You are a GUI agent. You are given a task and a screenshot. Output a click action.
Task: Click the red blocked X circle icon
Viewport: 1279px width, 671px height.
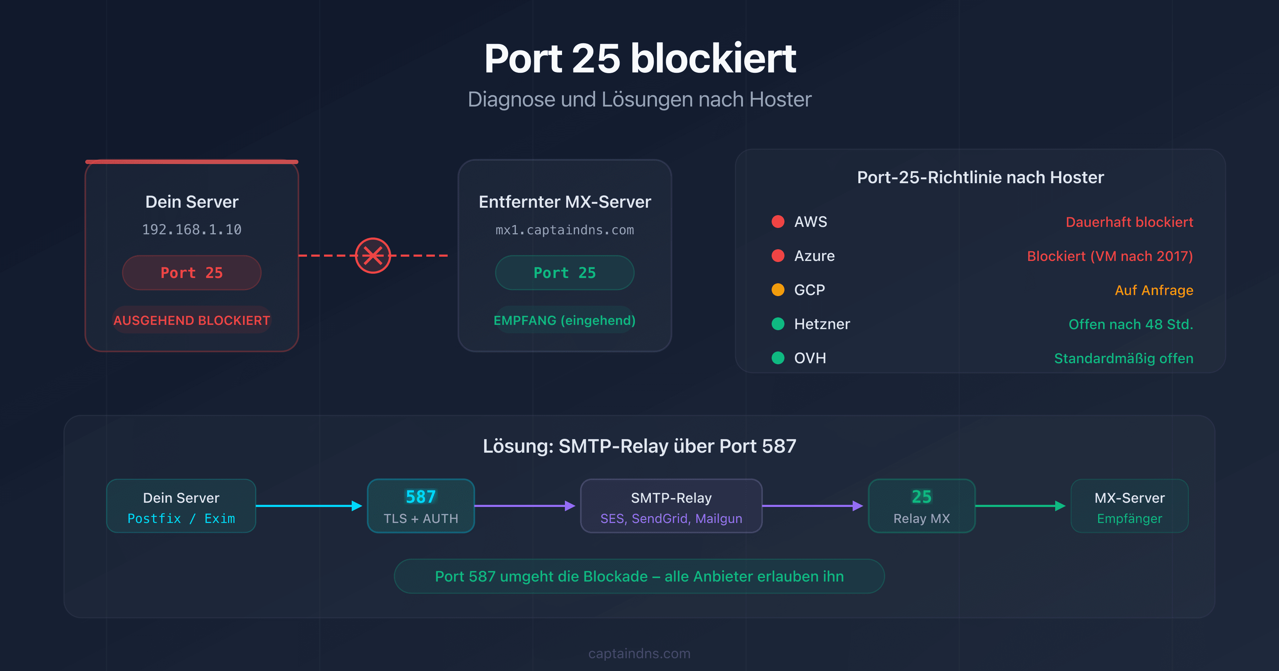click(x=373, y=256)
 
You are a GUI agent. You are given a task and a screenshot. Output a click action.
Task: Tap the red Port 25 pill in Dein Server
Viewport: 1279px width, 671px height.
click(x=191, y=272)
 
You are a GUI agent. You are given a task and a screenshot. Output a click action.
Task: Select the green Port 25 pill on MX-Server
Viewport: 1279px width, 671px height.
click(x=565, y=272)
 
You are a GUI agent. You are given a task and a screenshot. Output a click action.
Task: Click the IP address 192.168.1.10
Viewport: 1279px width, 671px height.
click(x=191, y=229)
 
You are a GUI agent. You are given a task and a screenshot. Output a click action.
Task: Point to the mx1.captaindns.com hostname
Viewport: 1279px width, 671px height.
click(x=565, y=230)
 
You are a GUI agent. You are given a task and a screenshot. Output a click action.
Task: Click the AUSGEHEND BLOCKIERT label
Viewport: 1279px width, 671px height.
click(x=191, y=320)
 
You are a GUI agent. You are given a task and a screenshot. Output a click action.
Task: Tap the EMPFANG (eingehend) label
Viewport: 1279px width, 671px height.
click(x=565, y=320)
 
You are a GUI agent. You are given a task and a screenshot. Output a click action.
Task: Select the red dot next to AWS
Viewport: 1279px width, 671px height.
click(x=778, y=221)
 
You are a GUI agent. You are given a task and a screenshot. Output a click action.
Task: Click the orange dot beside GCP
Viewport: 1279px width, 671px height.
click(x=778, y=290)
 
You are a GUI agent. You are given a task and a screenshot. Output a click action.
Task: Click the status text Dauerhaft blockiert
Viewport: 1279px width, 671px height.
click(x=1129, y=222)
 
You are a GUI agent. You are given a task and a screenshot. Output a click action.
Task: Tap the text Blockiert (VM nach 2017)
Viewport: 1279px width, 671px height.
click(x=1110, y=256)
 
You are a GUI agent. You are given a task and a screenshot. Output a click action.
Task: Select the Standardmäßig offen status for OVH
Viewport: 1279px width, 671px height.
click(x=1124, y=358)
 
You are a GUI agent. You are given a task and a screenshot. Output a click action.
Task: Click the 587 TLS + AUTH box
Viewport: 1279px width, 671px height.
click(x=421, y=506)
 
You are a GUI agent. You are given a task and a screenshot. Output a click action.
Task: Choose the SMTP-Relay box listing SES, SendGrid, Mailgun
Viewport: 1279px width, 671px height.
click(x=671, y=506)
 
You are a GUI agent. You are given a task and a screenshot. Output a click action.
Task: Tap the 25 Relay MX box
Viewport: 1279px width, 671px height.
click(x=922, y=506)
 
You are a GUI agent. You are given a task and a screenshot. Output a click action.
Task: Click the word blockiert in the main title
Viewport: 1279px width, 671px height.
click(x=713, y=59)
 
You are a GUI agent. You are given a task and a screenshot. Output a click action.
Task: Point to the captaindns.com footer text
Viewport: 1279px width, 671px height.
click(x=639, y=653)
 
